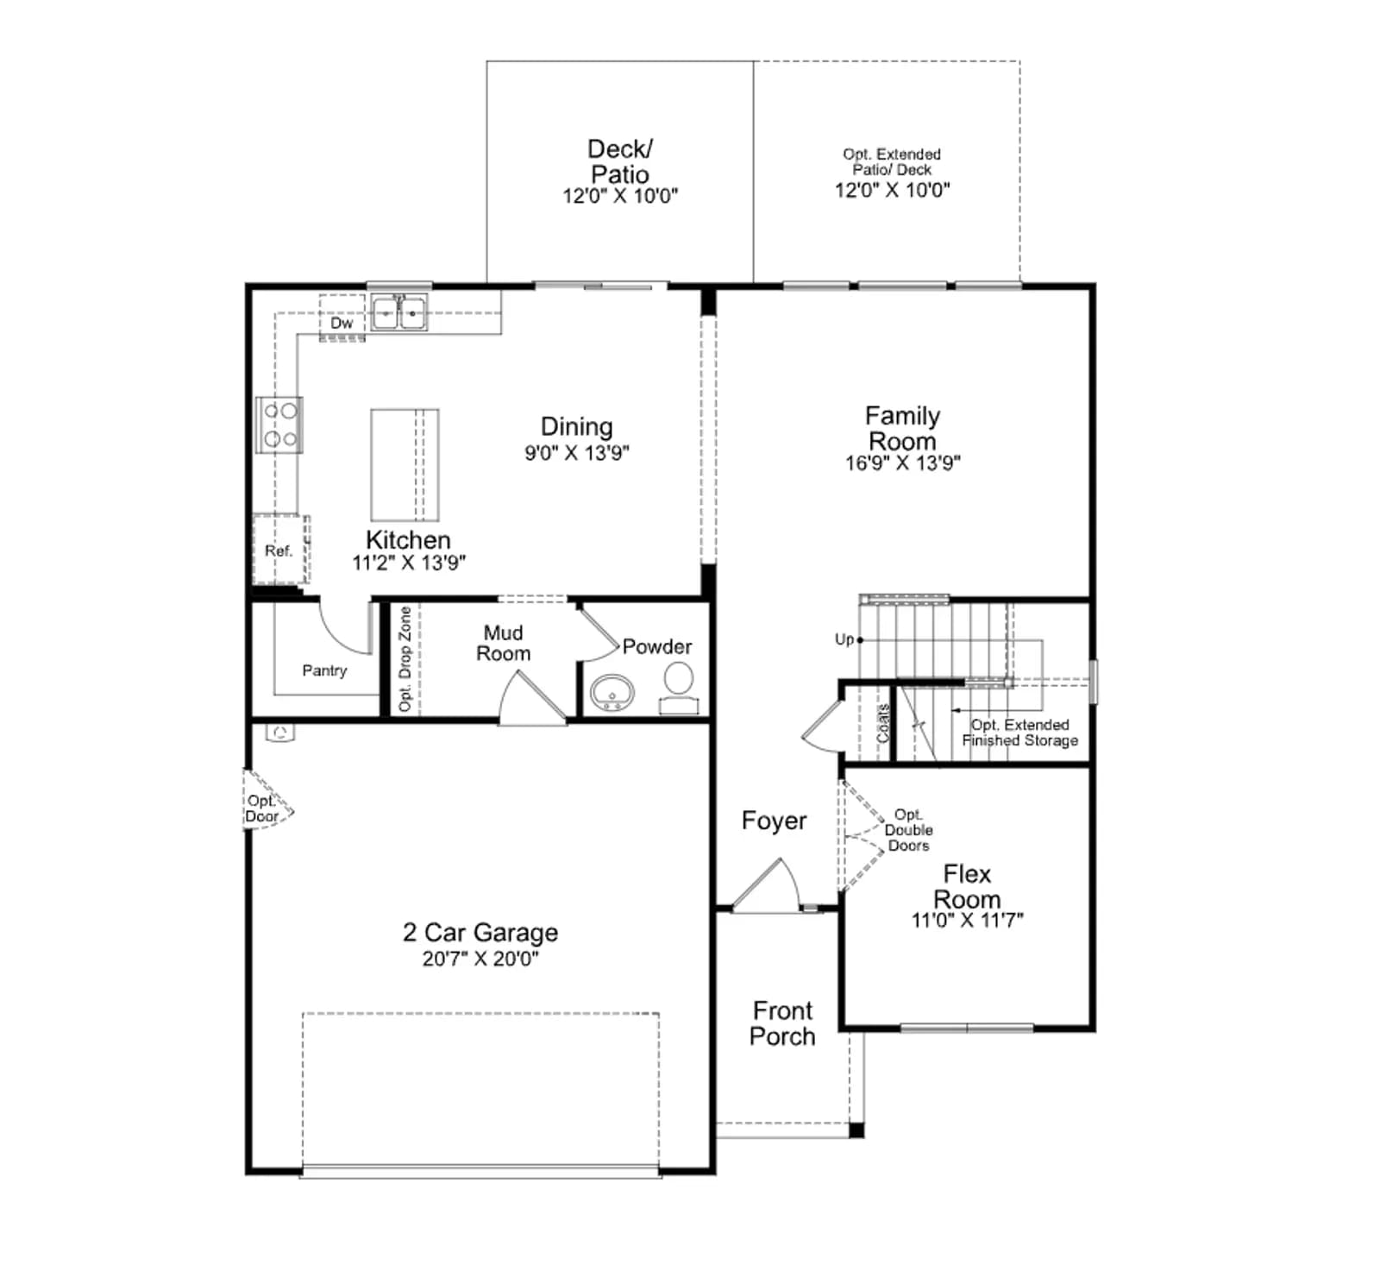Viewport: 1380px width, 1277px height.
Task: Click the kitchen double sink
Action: [398, 313]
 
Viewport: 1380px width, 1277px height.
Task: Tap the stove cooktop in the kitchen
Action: [279, 425]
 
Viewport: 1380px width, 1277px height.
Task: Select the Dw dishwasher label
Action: [342, 323]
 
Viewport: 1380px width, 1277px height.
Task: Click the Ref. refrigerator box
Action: [280, 550]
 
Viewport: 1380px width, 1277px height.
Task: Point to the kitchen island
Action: [405, 465]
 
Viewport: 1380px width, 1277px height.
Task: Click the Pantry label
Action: [324, 670]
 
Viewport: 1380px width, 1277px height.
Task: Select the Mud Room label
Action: [504, 644]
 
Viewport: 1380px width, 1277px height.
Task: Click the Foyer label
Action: [774, 821]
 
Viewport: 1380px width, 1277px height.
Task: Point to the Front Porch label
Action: [782, 1023]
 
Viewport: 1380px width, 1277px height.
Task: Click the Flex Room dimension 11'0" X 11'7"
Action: [967, 921]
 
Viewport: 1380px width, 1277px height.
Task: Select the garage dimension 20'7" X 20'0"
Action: [480, 959]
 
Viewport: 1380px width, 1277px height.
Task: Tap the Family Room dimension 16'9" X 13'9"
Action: [902, 463]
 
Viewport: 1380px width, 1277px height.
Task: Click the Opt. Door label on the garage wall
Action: [261, 808]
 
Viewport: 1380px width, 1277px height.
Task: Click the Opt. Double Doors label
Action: [908, 830]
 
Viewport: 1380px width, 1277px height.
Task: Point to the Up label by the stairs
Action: [844, 639]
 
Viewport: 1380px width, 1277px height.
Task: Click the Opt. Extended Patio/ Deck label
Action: [892, 162]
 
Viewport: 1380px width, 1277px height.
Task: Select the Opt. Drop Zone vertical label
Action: [405, 659]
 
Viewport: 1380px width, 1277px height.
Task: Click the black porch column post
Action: [856, 1129]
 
